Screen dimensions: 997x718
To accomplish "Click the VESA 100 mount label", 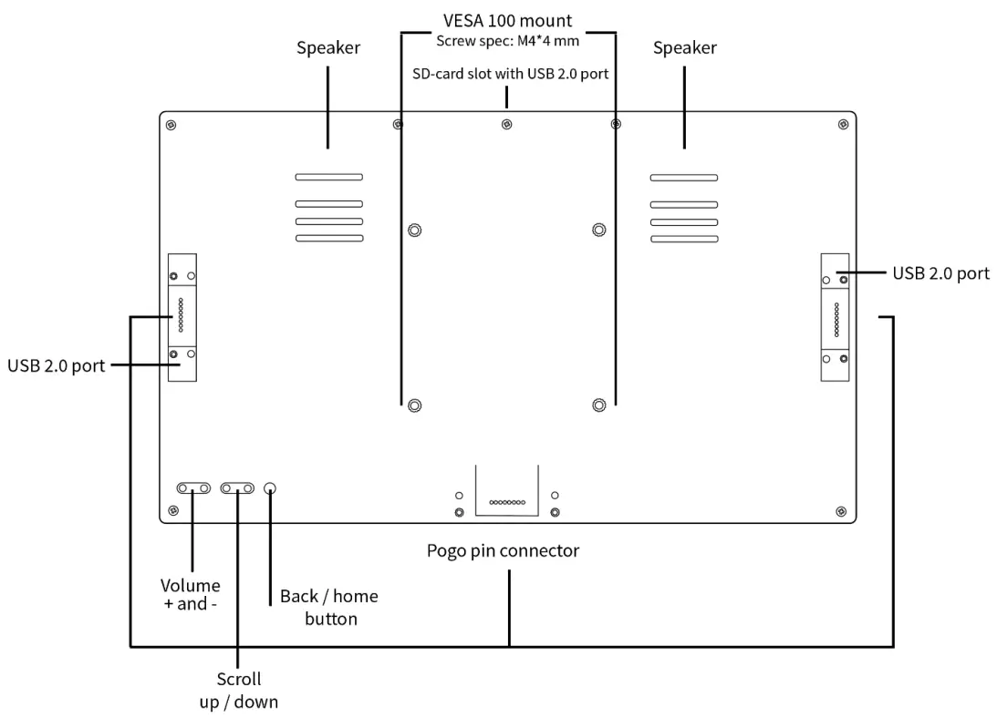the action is pyautogui.click(x=507, y=20).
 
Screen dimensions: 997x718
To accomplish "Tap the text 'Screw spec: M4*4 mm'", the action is pyautogui.click(x=507, y=41).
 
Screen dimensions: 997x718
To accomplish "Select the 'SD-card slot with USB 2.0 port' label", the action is pyautogui.click(x=510, y=74).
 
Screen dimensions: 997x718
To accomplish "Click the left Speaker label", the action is pyautogui.click(x=328, y=48).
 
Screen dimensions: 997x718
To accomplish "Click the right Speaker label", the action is pyautogui.click(x=685, y=48).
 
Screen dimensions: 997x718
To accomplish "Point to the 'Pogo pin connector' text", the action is pyautogui.click(x=503, y=551).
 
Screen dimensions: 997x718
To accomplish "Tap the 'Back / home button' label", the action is pyautogui.click(x=329, y=608).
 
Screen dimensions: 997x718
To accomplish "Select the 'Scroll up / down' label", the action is pyautogui.click(x=238, y=691).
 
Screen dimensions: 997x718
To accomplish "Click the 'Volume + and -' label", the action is pyautogui.click(x=190, y=595).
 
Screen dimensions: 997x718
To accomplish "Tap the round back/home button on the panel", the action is pyautogui.click(x=270, y=488).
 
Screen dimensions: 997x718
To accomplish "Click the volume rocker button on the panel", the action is pyautogui.click(x=193, y=488).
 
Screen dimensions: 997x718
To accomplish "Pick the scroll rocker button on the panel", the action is pyautogui.click(x=237, y=488).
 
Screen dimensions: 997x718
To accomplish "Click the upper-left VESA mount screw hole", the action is pyautogui.click(x=414, y=230).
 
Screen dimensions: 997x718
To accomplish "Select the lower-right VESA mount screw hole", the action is pyautogui.click(x=599, y=405).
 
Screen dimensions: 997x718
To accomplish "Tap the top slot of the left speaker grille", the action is pyautogui.click(x=328, y=178).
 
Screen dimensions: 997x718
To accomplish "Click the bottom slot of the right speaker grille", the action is pyautogui.click(x=684, y=239).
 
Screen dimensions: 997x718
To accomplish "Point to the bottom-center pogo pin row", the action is pyautogui.click(x=507, y=503).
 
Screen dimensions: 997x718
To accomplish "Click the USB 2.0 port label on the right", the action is pyautogui.click(x=941, y=274).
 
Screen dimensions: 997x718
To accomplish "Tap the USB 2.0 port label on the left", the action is pyautogui.click(x=56, y=366).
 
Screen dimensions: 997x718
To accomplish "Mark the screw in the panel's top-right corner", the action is pyautogui.click(x=843, y=125).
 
